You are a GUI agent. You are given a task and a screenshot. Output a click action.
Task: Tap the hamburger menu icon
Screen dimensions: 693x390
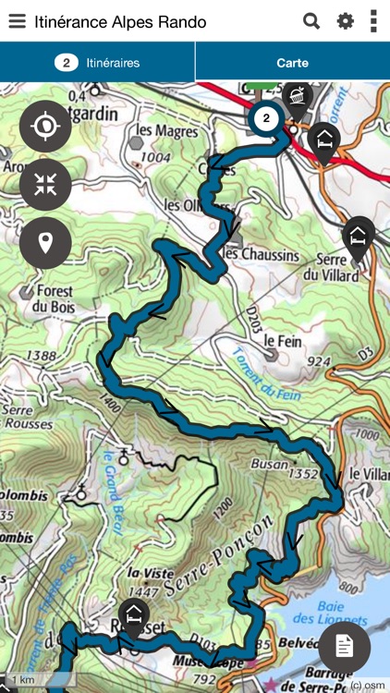pyautogui.click(x=17, y=21)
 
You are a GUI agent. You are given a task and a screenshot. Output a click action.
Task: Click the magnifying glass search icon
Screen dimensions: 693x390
pyautogui.click(x=311, y=21)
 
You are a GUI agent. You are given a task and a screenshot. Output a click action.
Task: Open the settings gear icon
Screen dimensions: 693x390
pyautogui.click(x=345, y=21)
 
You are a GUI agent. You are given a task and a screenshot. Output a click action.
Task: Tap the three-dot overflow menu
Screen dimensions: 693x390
pyautogui.click(x=373, y=21)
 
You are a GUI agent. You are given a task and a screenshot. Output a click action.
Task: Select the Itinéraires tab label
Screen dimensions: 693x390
pyautogui.click(x=113, y=63)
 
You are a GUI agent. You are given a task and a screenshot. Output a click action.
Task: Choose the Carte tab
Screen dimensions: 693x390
pyautogui.click(x=292, y=63)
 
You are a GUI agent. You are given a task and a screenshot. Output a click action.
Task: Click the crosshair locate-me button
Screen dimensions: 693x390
pyautogui.click(x=45, y=127)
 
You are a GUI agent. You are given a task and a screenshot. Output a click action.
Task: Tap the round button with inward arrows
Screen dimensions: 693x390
pyautogui.click(x=45, y=185)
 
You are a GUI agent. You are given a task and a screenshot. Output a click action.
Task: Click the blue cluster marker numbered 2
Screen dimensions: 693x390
pyautogui.click(x=266, y=118)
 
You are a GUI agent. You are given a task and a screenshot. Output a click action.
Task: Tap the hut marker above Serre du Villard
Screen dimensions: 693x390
pyautogui.click(x=359, y=236)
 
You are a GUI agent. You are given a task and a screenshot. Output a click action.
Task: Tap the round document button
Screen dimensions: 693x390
pyautogui.click(x=344, y=646)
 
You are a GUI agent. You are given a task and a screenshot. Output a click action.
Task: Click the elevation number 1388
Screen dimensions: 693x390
pyautogui.click(x=42, y=355)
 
